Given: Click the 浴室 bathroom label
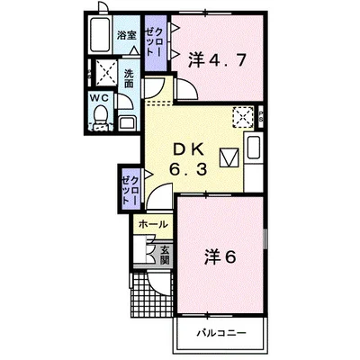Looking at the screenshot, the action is tap(126, 36).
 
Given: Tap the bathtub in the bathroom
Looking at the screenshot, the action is tap(100, 34).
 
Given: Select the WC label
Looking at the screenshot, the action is tap(100, 98).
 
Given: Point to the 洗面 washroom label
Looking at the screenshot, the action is tap(129, 78).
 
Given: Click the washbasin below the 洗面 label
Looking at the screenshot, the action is tap(128, 123).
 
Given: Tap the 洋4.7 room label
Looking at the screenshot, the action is tap(218, 60).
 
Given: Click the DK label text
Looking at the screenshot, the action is tap(189, 149).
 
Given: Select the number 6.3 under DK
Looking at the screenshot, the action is tap(188, 170).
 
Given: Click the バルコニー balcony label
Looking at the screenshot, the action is tap(221, 333).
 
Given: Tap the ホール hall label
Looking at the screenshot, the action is tap(153, 224).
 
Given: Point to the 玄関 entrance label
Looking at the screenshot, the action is tap(165, 256).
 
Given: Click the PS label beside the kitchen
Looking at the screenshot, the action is tap(261, 116).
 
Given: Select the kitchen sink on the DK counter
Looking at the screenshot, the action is tap(254, 147).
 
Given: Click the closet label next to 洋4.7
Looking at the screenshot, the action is tap(156, 41).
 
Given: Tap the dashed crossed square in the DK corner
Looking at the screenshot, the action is tap(243, 116).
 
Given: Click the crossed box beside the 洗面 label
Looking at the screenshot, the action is tap(106, 72).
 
